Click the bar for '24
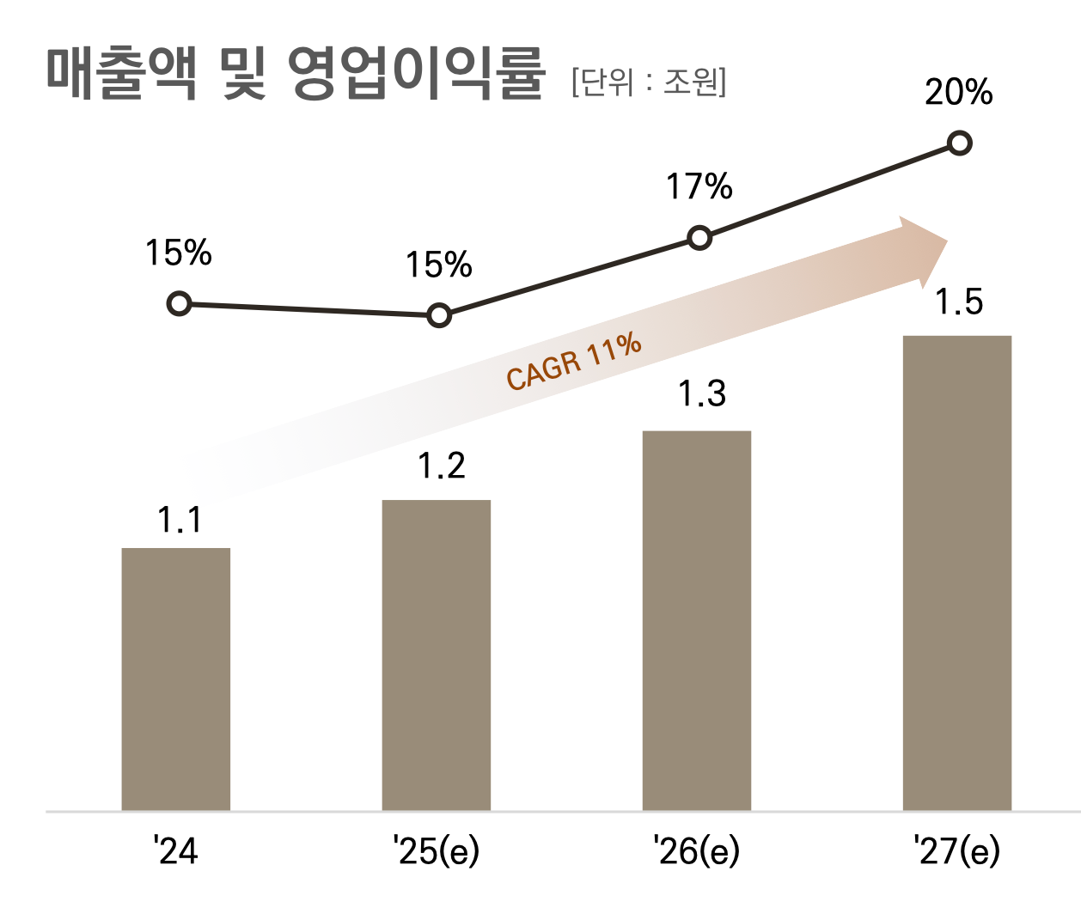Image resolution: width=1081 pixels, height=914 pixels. pyautogui.click(x=176, y=679)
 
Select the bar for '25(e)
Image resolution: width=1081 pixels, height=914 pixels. pyautogui.click(x=437, y=655)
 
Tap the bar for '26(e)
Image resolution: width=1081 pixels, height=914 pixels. pyautogui.click(x=697, y=620)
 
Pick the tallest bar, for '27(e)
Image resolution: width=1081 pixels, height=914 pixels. pyautogui.click(x=957, y=573)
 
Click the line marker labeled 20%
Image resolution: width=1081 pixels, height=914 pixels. pyautogui.click(x=960, y=143)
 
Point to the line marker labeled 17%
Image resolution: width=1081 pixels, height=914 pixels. pyautogui.click(x=700, y=238)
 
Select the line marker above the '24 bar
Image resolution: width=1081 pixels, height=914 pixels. pyautogui.click(x=179, y=303)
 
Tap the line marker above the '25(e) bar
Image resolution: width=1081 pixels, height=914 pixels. pyautogui.click(x=439, y=315)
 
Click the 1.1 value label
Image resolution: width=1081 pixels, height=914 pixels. pyautogui.click(x=180, y=521)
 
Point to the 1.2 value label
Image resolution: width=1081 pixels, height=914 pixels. pyautogui.click(x=442, y=466)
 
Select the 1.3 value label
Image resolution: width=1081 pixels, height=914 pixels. pyautogui.click(x=702, y=394)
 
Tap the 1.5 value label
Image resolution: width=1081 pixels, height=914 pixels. pyautogui.click(x=959, y=302)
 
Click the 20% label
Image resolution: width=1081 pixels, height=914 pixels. pyautogui.click(x=959, y=93)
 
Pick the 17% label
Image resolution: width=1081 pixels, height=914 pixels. pyautogui.click(x=699, y=187)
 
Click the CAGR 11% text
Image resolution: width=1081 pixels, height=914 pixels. pyautogui.click(x=574, y=362)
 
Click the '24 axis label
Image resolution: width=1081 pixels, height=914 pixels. pyautogui.click(x=176, y=851)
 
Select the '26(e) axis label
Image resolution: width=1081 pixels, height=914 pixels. pyautogui.click(x=696, y=851)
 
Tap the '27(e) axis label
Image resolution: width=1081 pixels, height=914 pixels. pyautogui.click(x=956, y=851)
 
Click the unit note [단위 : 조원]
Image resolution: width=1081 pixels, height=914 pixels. pyautogui.click(x=649, y=82)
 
